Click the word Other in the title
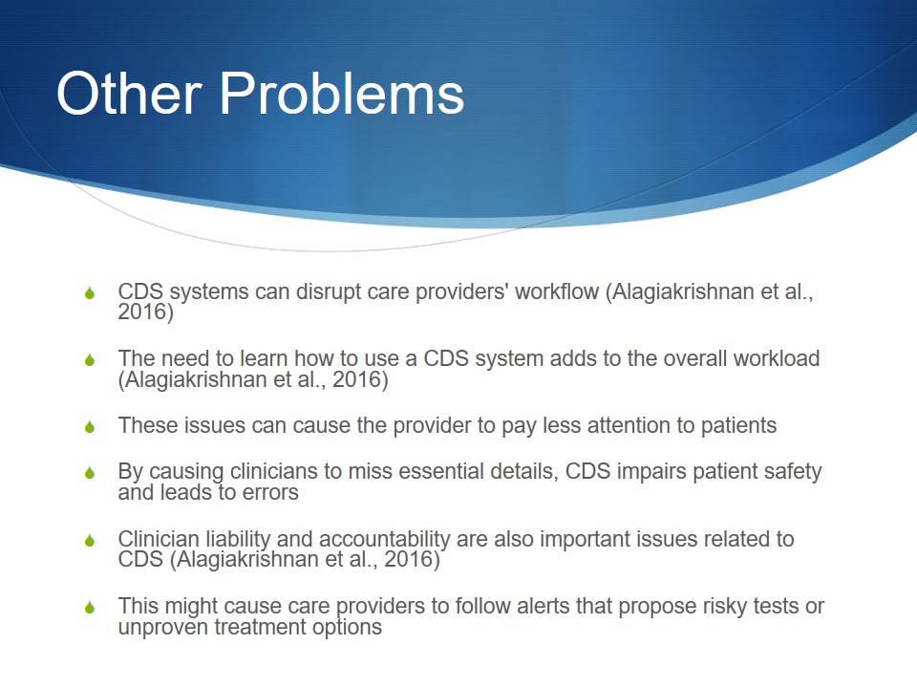click(129, 93)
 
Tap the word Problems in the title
click(342, 93)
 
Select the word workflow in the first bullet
click(557, 291)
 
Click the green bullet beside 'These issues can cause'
click(90, 426)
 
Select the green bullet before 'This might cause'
click(90, 608)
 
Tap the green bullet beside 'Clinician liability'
click(90, 540)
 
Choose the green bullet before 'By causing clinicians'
click(90, 472)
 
